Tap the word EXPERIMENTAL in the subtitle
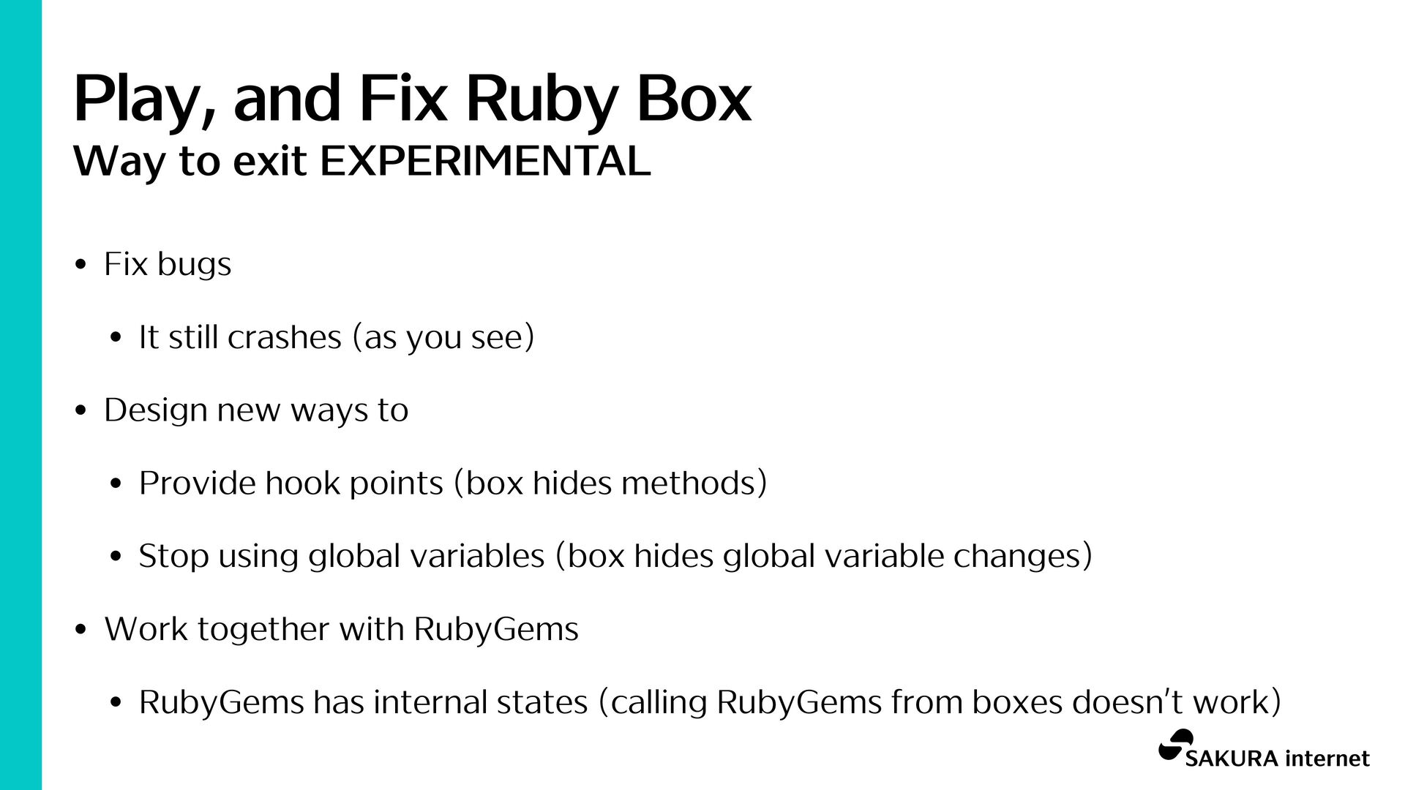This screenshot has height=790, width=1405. click(485, 161)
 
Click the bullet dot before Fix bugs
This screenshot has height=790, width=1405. click(81, 265)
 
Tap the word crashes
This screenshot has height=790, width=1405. click(285, 337)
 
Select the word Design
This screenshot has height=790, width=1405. click(156, 410)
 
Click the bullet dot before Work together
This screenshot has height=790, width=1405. click(81, 630)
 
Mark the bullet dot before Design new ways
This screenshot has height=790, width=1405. click(81, 411)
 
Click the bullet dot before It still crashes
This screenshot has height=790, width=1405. click(116, 338)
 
